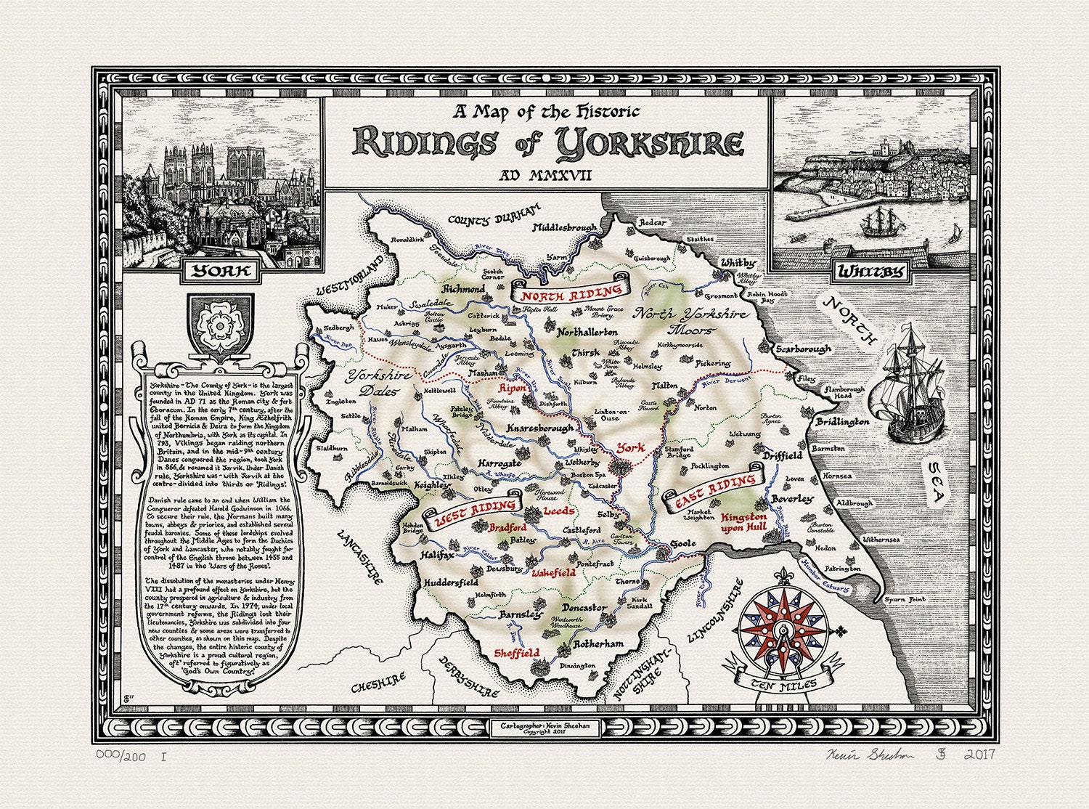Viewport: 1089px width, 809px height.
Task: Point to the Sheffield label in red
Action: [517, 652]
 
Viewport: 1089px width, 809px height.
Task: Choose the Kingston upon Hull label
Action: [743, 523]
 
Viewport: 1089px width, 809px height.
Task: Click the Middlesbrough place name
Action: [564, 228]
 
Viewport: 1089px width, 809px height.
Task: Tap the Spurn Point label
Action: [905, 599]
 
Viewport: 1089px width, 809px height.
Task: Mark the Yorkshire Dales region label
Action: [378, 384]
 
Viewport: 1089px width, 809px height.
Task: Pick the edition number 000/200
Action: [124, 756]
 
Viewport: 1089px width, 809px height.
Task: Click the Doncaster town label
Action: [584, 607]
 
